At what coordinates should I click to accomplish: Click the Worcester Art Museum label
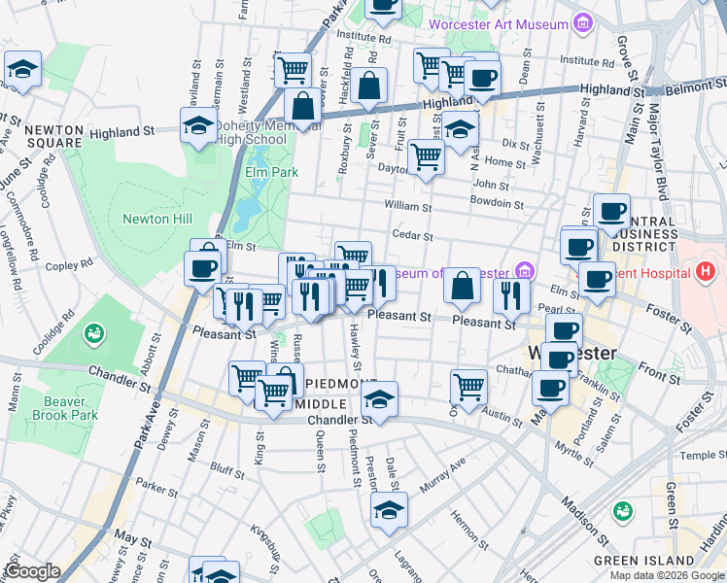pyautogui.click(x=499, y=23)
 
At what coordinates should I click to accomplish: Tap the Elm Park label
pyautogui.click(x=269, y=172)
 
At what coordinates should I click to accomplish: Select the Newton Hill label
pyautogui.click(x=147, y=219)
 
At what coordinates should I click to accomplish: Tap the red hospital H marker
pyautogui.click(x=706, y=271)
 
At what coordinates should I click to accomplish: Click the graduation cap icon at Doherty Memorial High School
pyautogui.click(x=198, y=125)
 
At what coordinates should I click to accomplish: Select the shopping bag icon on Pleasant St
pyautogui.click(x=464, y=286)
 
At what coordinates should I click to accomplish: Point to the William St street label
pyautogui.click(x=407, y=207)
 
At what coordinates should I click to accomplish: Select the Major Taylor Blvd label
pyautogui.click(x=660, y=146)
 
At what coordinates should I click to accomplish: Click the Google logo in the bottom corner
pyautogui.click(x=32, y=570)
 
